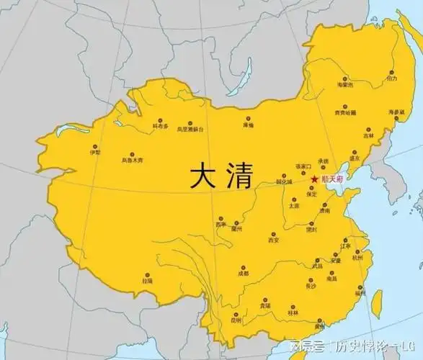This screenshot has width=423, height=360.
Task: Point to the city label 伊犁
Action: tap(94, 153)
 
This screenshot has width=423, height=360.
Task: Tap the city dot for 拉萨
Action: tap(148, 274)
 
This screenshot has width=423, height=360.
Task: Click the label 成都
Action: tap(243, 274)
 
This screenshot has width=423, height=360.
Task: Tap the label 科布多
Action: tap(160, 126)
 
